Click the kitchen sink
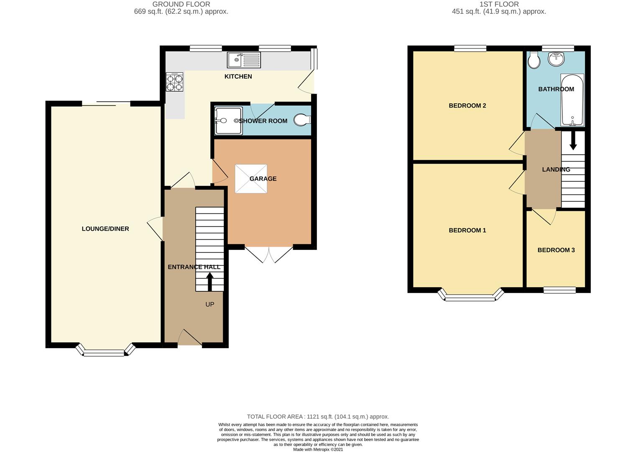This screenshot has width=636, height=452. [x=244, y=60]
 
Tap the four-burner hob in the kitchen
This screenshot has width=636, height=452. [x=174, y=82]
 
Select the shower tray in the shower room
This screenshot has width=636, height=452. [x=228, y=121]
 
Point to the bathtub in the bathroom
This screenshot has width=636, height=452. [x=572, y=100]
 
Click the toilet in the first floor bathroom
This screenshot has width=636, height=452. [x=534, y=61]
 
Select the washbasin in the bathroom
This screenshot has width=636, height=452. [x=556, y=59]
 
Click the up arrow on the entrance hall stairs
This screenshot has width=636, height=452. [x=209, y=282]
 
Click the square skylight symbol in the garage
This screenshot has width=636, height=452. [x=251, y=179]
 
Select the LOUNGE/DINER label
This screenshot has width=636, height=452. [x=105, y=229]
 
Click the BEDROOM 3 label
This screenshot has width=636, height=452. [x=556, y=250]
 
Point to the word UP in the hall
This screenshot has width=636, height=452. [x=209, y=304]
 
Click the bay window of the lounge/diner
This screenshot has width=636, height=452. [x=105, y=352]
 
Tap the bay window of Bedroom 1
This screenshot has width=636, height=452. [x=470, y=297]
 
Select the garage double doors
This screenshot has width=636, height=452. [x=268, y=254]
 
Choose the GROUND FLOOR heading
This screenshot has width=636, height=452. [x=181, y=4]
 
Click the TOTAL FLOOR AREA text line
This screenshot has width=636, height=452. [x=318, y=416]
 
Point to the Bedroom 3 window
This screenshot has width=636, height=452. [x=559, y=289]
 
